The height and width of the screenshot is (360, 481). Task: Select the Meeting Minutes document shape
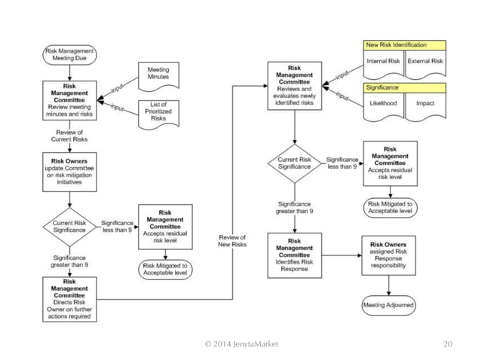[158, 72]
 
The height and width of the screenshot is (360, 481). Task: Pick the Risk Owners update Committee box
[69, 172]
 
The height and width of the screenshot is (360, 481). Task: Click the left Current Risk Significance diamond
[69, 225]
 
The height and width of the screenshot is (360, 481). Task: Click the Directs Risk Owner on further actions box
[69, 299]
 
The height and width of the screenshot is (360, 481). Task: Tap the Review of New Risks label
[233, 243]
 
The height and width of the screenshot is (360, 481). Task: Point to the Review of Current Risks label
[69, 138]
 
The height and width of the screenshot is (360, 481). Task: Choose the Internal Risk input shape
[383, 62]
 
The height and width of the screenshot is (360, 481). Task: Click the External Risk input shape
[426, 62]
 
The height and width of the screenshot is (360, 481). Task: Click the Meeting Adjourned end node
[388, 306]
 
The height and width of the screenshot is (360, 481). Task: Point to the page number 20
[448, 344]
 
